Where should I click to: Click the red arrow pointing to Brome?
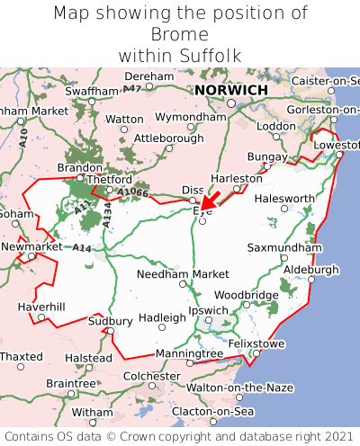pos(211,201)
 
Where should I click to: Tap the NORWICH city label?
pos(231,91)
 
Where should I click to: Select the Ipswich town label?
pos(209,311)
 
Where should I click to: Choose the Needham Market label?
pos(183,273)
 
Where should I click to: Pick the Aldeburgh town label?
pos(311,269)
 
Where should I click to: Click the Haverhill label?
pos(41,307)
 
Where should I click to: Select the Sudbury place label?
pos(110,321)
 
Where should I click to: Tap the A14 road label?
pos(82,247)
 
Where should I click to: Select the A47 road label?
pos(132,88)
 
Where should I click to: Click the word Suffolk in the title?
pos(208,56)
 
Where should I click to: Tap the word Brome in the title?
pos(180,34)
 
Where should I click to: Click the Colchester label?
pos(151,376)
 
